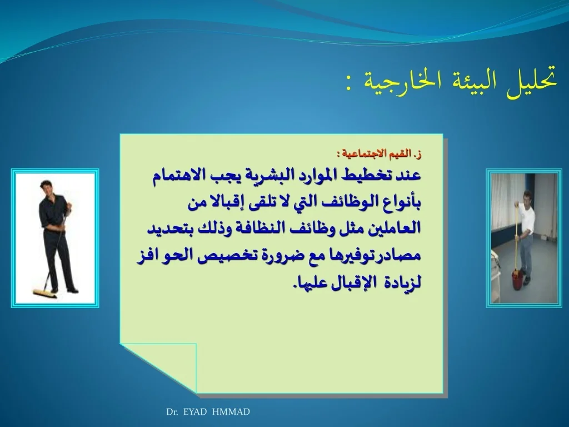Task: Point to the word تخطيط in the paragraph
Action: pyautogui.click(x=368, y=176)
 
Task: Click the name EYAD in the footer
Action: pyautogui.click(x=195, y=412)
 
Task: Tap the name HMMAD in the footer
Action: pyautogui.click(x=231, y=412)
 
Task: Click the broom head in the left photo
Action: pyautogui.click(x=45, y=294)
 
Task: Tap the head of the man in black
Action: pyautogui.click(x=47, y=188)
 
